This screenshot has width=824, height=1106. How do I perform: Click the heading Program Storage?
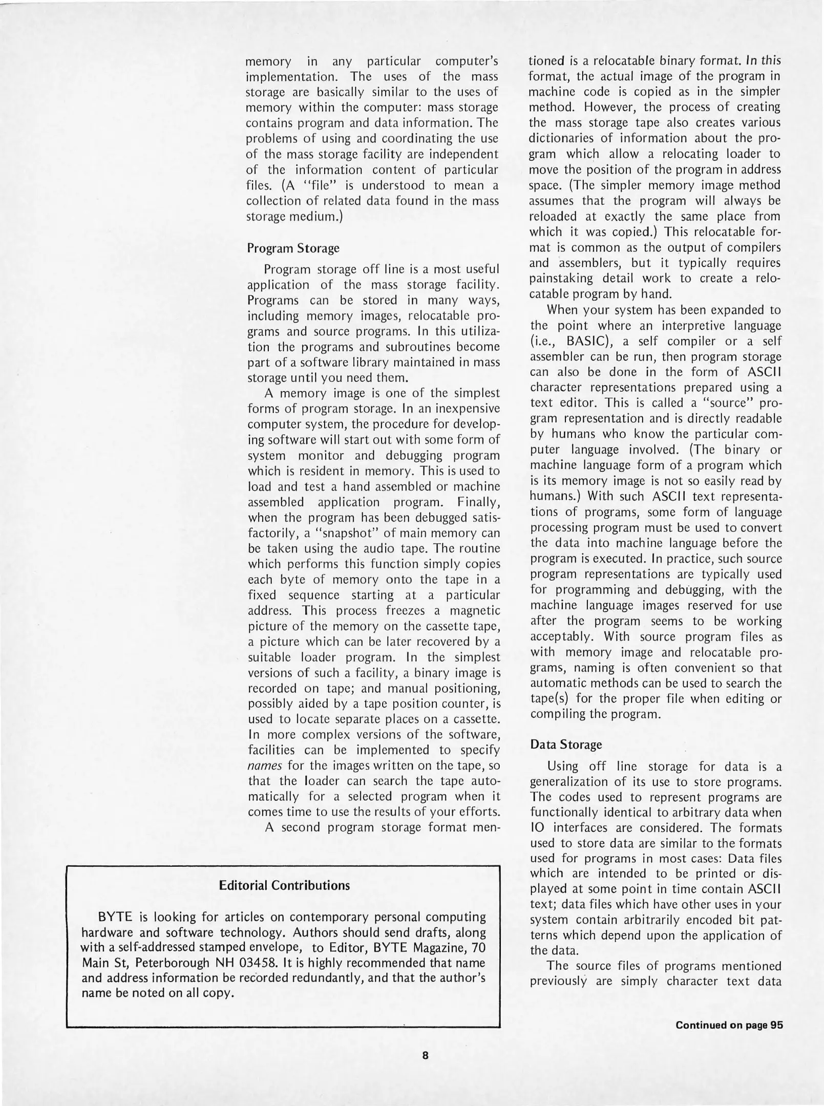293,248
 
